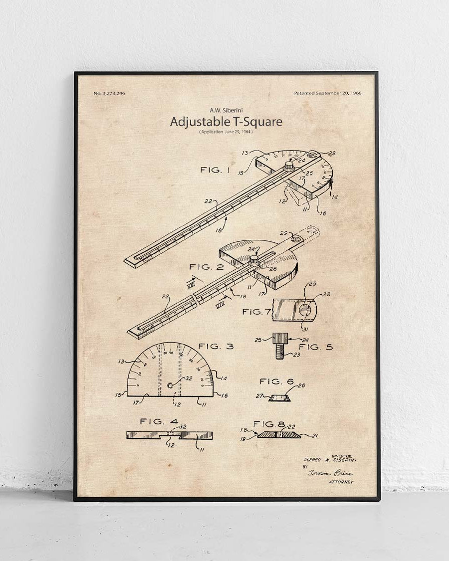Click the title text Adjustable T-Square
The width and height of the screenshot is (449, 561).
(x=226, y=122)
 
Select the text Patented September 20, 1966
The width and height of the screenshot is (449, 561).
(x=328, y=93)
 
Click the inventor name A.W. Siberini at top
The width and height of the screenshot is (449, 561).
(x=226, y=110)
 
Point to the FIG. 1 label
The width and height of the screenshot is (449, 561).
(x=215, y=170)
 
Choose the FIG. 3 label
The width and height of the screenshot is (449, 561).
(x=216, y=346)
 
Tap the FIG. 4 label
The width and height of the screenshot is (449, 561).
(x=159, y=421)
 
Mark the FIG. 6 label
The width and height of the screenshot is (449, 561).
(x=277, y=381)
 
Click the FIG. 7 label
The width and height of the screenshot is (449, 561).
(x=256, y=312)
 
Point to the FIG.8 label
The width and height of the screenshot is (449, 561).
(x=269, y=424)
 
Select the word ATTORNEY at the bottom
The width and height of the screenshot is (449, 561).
(x=341, y=482)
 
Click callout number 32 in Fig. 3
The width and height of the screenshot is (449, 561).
(x=189, y=378)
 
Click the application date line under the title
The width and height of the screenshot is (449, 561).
(x=226, y=132)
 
